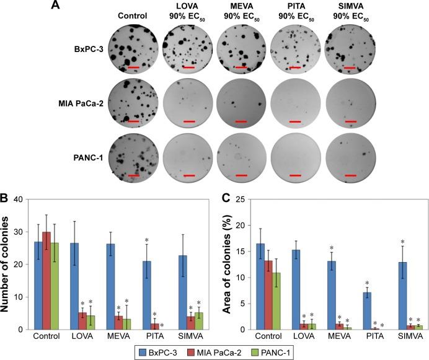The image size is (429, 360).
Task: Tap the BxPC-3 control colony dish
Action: pyautogui.click(x=132, y=50)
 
